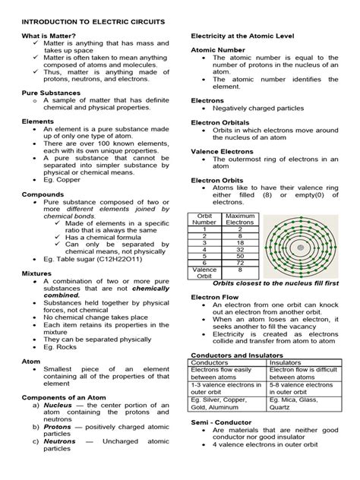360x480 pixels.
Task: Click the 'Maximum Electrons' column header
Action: [239, 221]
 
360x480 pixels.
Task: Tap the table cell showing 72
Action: [239, 262]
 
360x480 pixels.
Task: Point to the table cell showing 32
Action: [239, 248]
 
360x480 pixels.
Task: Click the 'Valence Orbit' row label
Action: [204, 272]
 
